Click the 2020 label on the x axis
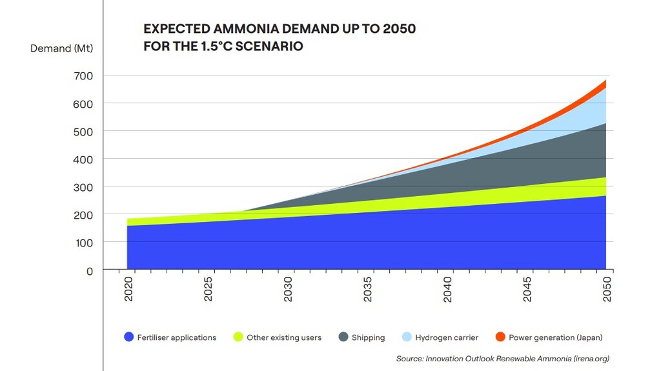[128, 290]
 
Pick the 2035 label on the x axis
[368, 290]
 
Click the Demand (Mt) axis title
[59, 48]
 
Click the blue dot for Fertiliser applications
[128, 337]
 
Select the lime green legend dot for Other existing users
[238, 337]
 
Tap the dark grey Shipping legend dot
[343, 337]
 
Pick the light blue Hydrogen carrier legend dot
[406, 337]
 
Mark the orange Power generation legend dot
[500, 337]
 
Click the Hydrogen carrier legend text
[447, 337]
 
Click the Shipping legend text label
[368, 337]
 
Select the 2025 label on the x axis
[208, 290]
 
